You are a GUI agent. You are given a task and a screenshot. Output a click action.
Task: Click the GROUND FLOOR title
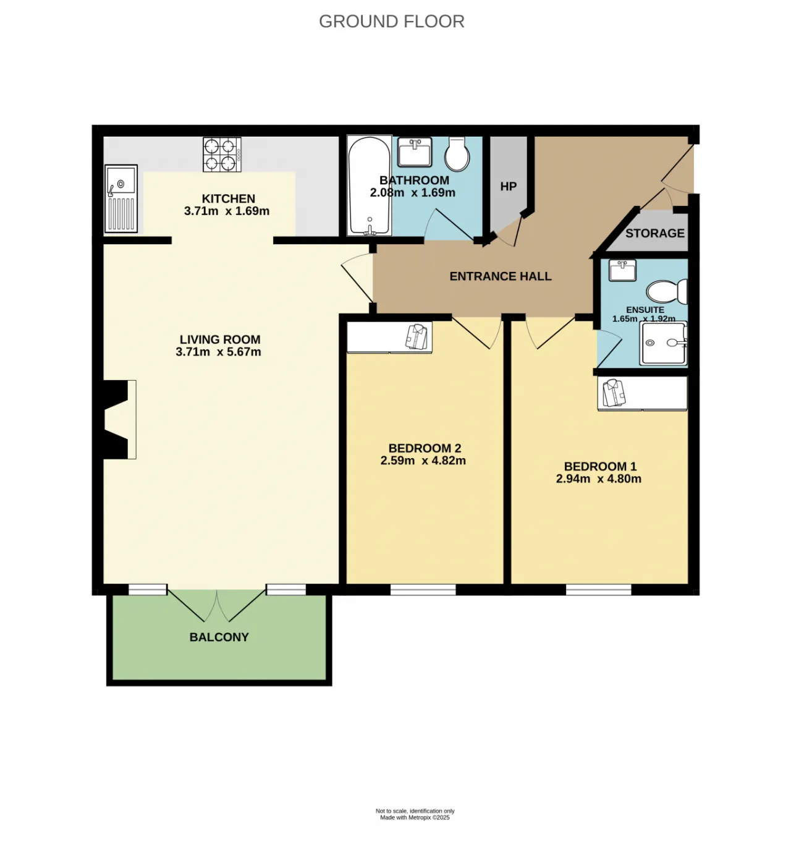coord(391,21)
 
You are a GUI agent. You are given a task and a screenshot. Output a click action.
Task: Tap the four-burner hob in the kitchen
coord(222,154)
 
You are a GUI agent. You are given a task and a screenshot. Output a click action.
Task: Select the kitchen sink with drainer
coord(122,198)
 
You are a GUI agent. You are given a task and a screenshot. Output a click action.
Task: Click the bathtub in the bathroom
coord(370,185)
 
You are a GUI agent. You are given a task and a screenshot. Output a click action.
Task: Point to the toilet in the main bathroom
coord(457,153)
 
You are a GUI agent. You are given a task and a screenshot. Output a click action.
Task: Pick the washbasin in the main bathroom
coord(415,152)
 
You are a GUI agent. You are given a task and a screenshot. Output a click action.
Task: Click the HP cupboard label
coord(509,186)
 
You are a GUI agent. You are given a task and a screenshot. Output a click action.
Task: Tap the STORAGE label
coord(655,233)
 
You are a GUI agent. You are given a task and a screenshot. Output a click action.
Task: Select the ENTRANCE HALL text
coord(501,276)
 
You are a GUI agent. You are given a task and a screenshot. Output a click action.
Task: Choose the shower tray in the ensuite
coord(663,343)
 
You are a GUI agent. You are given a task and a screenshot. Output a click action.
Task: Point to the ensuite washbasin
coord(622,270)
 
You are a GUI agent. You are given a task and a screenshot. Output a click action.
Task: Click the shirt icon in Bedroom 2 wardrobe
coord(416,337)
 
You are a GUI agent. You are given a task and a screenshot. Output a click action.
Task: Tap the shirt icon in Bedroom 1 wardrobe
coord(614,393)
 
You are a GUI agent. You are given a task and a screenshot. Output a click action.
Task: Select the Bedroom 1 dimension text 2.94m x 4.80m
coord(599,479)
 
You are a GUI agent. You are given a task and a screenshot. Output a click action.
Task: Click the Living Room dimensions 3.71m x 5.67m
coord(218,352)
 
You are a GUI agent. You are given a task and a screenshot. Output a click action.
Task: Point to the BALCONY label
coord(219,637)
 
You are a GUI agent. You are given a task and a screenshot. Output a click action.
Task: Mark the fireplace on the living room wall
coord(115,420)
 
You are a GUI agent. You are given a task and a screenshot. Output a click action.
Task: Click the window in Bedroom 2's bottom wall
coord(423,590)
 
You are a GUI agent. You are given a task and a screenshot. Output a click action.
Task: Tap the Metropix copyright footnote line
coord(415,817)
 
